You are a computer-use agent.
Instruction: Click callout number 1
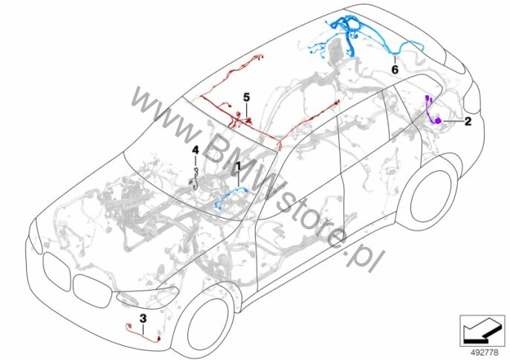238,167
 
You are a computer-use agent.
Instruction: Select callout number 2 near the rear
468,121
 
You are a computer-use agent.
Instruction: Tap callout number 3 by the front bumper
143,318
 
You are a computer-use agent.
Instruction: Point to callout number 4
195,150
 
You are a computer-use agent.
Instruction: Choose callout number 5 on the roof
247,97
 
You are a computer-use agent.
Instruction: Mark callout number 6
395,69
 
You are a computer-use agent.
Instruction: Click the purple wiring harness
433,111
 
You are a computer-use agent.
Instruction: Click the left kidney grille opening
57,271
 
